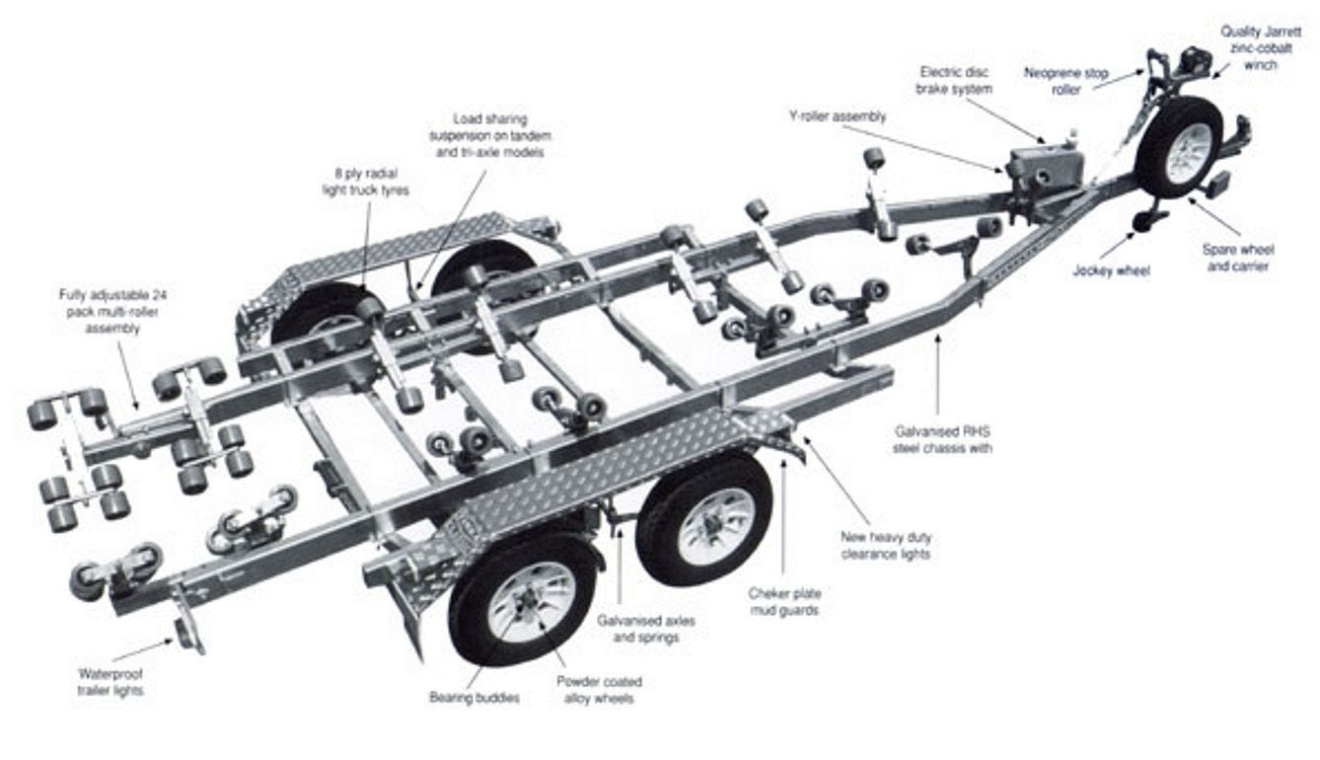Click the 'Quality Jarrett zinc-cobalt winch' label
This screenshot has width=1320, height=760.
click(x=1262, y=47)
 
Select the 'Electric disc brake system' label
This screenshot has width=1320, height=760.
click(x=954, y=80)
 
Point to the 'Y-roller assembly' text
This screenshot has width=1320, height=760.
click(x=837, y=116)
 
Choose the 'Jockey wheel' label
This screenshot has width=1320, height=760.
click(x=1111, y=269)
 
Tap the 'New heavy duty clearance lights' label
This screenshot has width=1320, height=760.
click(x=885, y=545)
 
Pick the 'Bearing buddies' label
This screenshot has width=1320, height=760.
click(x=475, y=698)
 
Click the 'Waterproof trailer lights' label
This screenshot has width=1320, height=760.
click(x=110, y=682)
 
